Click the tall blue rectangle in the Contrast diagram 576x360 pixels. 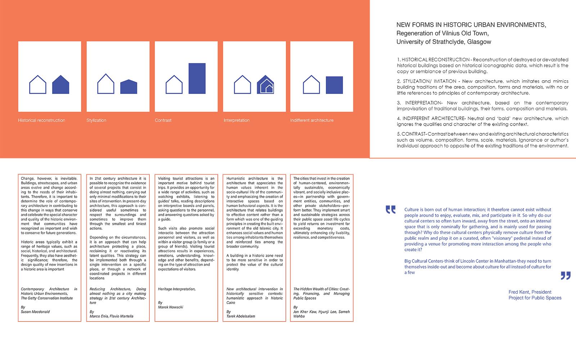tap(197, 78)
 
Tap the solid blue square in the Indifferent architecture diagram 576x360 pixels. tap(334, 85)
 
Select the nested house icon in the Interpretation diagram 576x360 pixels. tap(265, 85)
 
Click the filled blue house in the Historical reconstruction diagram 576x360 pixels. tap(60, 85)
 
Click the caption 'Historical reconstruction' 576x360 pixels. tap(41, 120)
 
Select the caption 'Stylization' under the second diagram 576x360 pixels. tap(96, 120)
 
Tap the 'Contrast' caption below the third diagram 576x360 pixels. tap(163, 120)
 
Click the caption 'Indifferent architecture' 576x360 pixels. tap(312, 120)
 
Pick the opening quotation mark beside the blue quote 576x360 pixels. tap(390, 210)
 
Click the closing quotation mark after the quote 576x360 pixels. tap(566, 276)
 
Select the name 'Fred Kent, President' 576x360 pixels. tap(530, 292)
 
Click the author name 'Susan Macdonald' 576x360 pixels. tap(35, 312)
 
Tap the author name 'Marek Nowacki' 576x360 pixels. tap(171, 307)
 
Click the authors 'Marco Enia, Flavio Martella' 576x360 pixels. tap(111, 316)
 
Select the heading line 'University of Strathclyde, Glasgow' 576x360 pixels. tap(444, 42)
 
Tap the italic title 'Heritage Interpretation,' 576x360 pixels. tap(177, 289)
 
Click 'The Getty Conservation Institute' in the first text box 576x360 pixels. tap(47, 298)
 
